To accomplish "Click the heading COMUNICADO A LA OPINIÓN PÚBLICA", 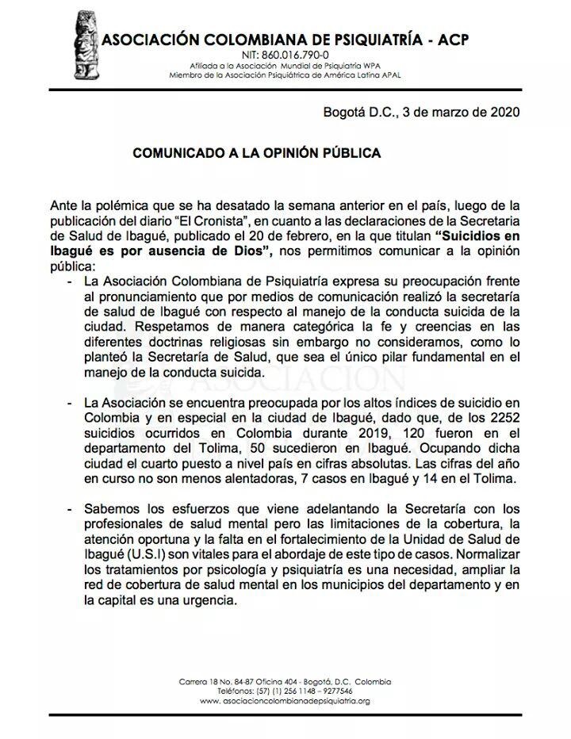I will click(256, 153).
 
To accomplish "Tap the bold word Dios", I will click(252, 252).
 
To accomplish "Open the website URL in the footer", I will click(285, 701).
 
